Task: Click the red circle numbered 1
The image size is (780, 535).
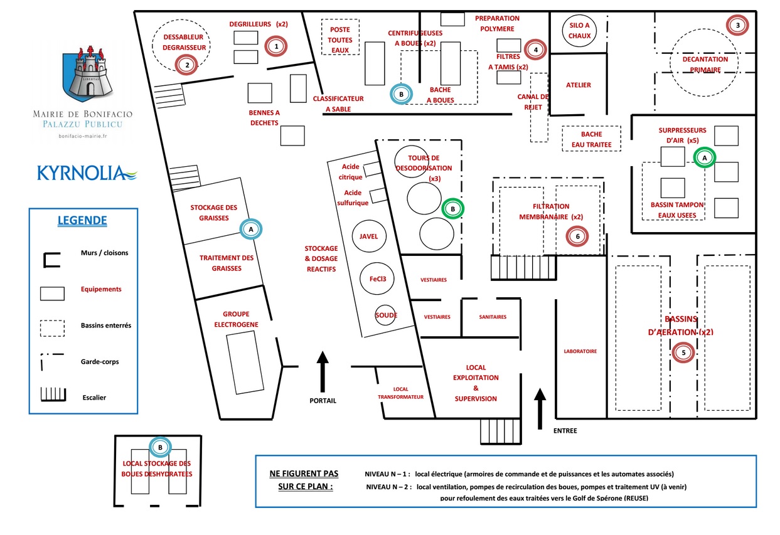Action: (x=275, y=46)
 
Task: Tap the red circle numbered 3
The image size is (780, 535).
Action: (x=738, y=25)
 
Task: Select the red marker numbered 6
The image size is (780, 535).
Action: (x=578, y=236)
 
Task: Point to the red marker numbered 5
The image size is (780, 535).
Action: (x=684, y=352)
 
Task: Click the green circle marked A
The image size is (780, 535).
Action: (x=705, y=157)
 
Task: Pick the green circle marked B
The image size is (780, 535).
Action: (x=452, y=209)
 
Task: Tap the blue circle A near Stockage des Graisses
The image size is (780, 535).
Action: (x=251, y=230)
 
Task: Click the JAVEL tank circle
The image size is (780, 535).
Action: (x=368, y=236)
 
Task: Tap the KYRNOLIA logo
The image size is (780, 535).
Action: (x=87, y=172)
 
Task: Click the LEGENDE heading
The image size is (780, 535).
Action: (x=82, y=220)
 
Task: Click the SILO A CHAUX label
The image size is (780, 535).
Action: (x=579, y=30)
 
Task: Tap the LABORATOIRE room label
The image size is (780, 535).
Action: (x=580, y=351)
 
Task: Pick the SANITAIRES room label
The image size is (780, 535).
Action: (x=492, y=317)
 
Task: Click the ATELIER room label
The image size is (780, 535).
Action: (x=579, y=85)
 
